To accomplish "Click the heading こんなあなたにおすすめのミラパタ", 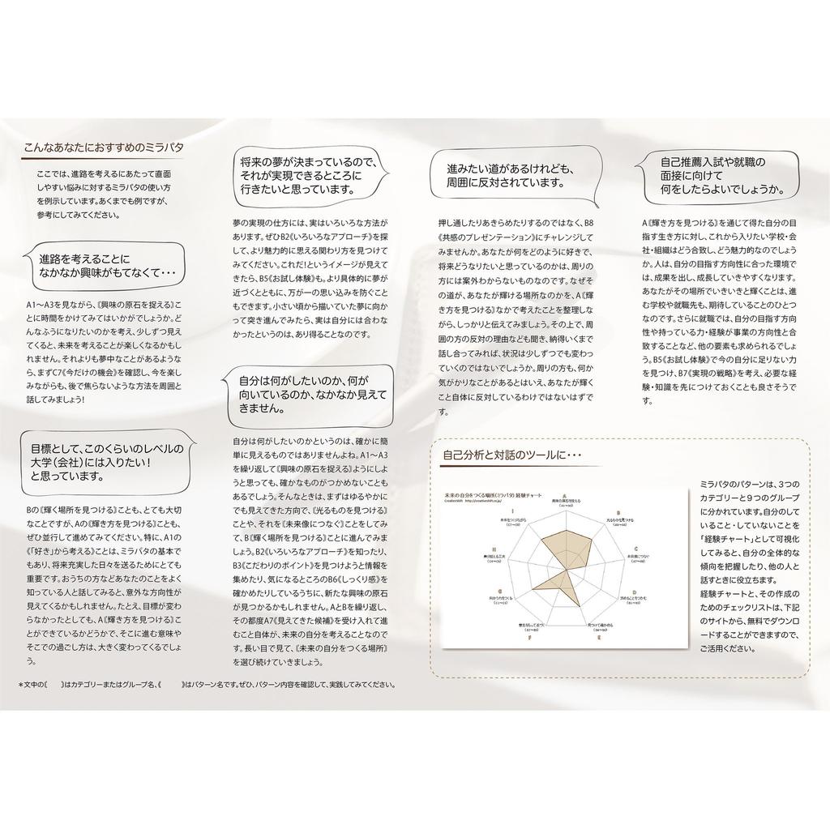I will coord(103,148).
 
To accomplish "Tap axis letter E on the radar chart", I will coord(599,639).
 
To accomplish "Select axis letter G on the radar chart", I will coord(501,592).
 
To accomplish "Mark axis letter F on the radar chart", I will coord(530,639).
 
